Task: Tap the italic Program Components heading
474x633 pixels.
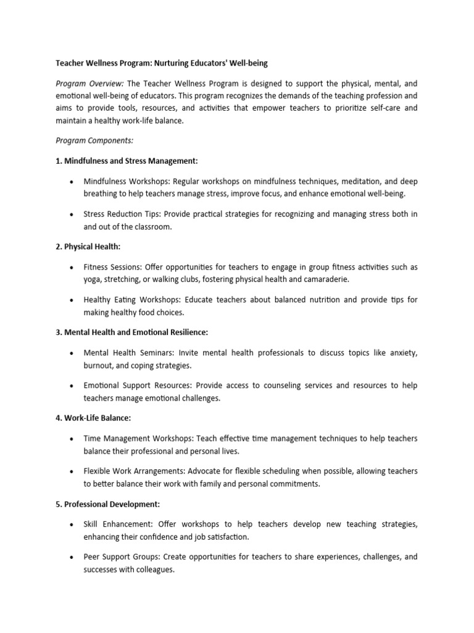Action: [90, 141]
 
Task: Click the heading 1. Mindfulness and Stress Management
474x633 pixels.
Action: [127, 161]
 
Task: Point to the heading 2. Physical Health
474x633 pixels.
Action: [88, 247]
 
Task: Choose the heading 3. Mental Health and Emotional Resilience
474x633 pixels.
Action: [132, 332]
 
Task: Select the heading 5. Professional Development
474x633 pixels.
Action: [108, 504]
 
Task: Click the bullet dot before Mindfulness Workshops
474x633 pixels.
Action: [72, 182]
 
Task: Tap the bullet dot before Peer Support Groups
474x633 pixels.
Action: [72, 557]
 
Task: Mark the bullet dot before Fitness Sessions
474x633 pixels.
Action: [72, 268]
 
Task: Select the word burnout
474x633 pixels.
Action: [99, 365]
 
